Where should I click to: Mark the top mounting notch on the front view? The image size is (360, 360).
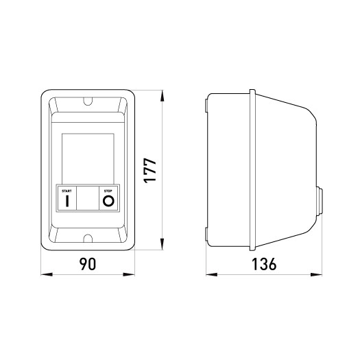click(x=87, y=104)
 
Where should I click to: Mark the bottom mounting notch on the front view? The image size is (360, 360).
click(x=87, y=238)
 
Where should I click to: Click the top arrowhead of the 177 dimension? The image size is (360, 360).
click(x=163, y=93)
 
